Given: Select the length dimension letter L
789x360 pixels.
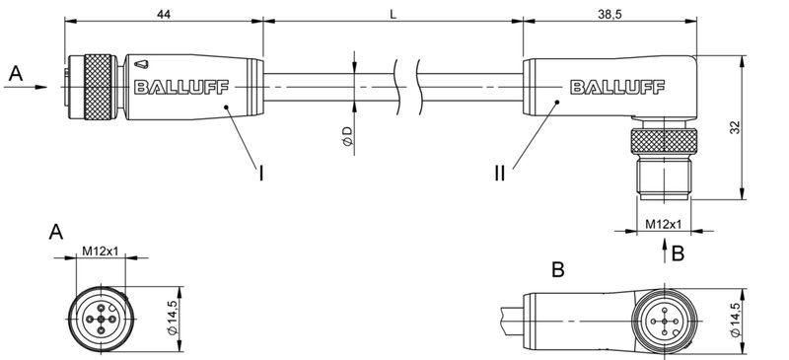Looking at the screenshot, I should (x=394, y=12).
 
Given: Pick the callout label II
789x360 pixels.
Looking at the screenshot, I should (x=500, y=174).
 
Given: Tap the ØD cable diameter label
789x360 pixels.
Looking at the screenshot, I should (x=347, y=139).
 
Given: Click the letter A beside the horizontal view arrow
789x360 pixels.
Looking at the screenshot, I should (x=14, y=73).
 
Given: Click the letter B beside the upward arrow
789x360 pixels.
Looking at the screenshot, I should (x=677, y=253).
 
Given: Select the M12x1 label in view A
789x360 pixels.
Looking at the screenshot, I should (x=100, y=250).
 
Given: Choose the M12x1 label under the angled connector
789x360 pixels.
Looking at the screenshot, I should (x=661, y=225).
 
